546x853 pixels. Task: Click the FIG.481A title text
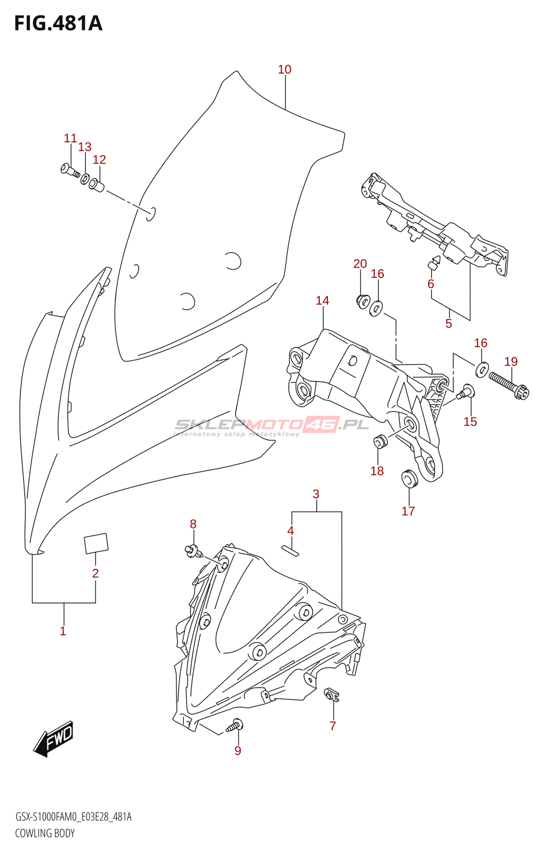click(58, 23)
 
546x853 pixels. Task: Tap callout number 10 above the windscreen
click(284, 70)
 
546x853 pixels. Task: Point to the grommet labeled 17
click(410, 478)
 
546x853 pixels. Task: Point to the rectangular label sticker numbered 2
click(96, 543)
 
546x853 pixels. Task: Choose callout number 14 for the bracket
click(322, 301)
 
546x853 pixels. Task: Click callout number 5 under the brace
click(448, 324)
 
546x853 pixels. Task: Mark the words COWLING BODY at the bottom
click(45, 841)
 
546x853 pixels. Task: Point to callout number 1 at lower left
click(63, 631)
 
